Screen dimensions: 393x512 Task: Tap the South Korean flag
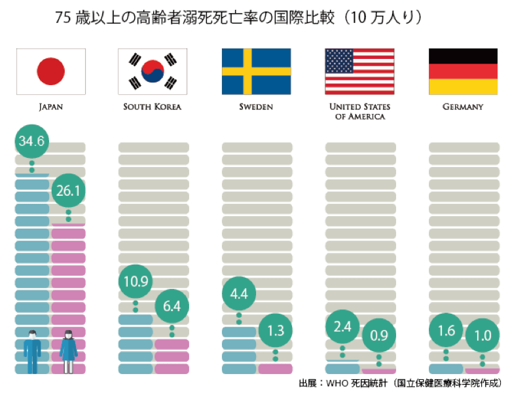point(153,71)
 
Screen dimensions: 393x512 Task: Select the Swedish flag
point(256,71)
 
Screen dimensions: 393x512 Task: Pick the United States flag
point(359,71)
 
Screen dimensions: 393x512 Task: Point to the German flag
point(463,71)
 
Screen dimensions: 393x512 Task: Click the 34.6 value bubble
point(31,141)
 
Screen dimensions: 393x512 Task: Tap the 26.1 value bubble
point(68,191)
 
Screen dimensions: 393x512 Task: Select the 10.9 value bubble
point(135,282)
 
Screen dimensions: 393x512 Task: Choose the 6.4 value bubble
point(172,306)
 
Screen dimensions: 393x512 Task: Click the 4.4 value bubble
point(238,294)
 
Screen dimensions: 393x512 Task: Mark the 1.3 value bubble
point(276,330)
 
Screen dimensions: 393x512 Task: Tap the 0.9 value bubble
point(379,336)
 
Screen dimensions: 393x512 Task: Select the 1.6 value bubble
point(446,331)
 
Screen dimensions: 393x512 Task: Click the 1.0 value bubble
point(483,335)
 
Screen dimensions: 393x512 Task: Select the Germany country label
point(462,106)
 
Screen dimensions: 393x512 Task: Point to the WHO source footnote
point(401,383)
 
